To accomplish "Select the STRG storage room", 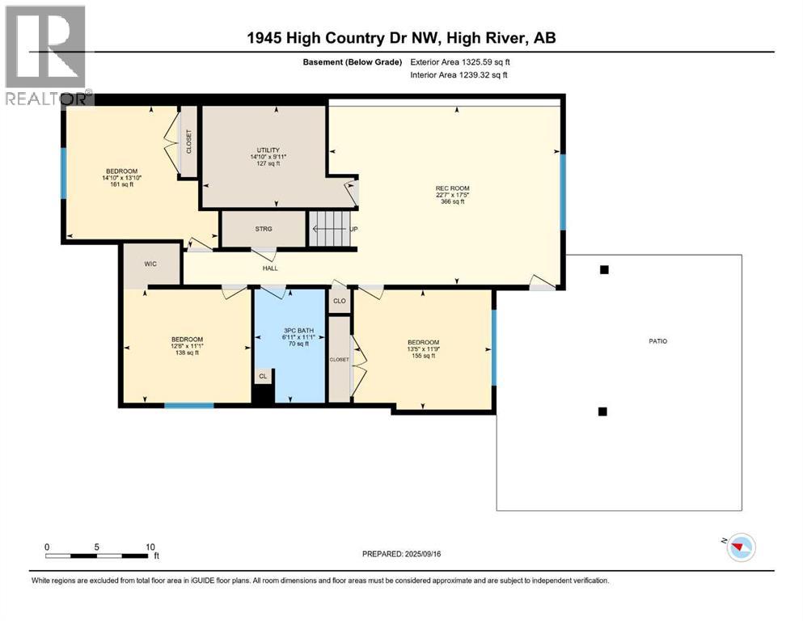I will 264,229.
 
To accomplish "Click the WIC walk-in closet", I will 150,264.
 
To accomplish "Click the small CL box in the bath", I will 263,376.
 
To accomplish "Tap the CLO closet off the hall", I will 340,301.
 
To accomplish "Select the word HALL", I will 270,268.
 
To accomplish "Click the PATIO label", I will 657,341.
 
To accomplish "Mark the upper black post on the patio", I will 603,270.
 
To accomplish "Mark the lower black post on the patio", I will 602,412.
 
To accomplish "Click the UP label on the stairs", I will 353,229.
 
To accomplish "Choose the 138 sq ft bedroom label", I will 187,346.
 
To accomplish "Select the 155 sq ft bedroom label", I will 423,349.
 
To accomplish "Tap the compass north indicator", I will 739,548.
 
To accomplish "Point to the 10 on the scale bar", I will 150,547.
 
